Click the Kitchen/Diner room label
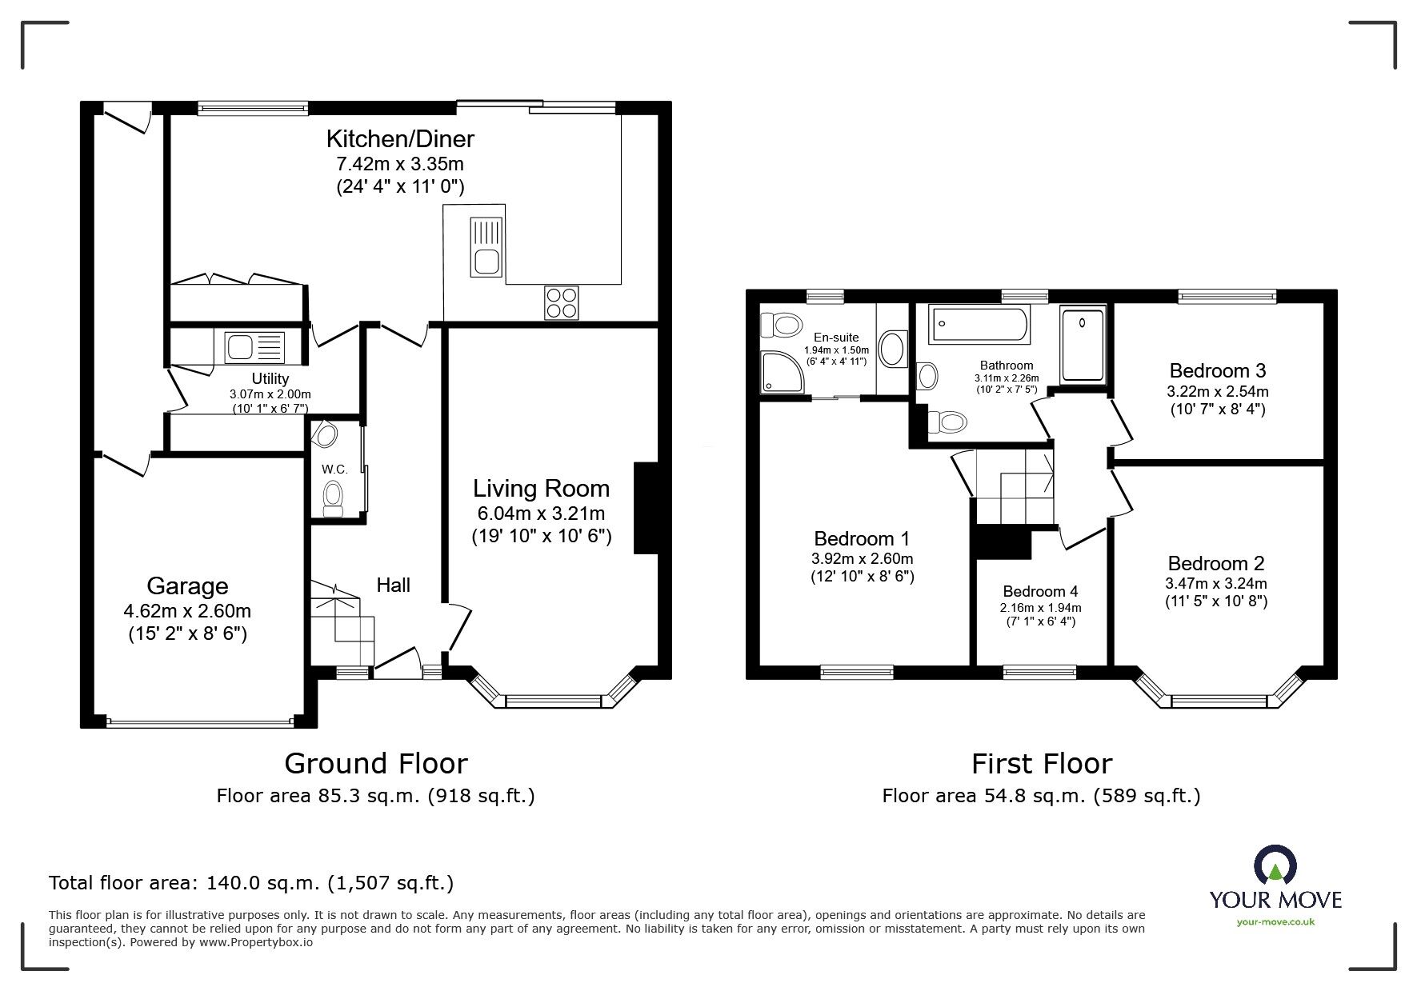[399, 139]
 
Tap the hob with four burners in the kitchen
[561, 302]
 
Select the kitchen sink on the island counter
[486, 246]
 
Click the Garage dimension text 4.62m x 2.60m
[187, 611]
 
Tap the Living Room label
[541, 489]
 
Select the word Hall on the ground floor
[393, 585]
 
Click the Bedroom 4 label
[1040, 591]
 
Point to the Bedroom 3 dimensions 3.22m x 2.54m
[1217, 392]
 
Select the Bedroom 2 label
[1215, 563]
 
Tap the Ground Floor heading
[375, 764]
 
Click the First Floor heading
[1041, 764]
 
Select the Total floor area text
[251, 883]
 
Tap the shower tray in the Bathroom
[1082, 346]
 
